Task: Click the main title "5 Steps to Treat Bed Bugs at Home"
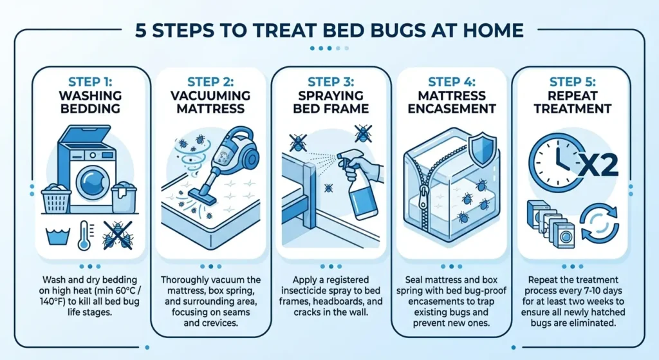(x=329, y=30)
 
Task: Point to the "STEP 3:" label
(x=329, y=82)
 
